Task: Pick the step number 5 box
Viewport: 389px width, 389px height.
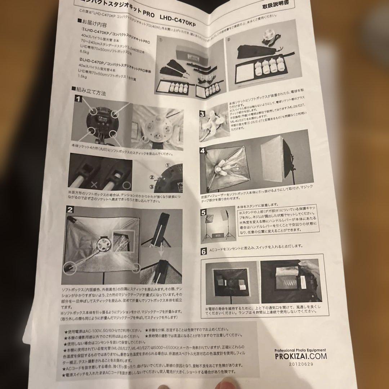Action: point(204,212)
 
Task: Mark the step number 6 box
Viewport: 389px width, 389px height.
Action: point(204,251)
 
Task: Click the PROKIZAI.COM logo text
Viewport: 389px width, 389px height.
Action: point(300,356)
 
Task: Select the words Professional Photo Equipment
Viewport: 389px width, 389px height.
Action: point(300,350)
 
